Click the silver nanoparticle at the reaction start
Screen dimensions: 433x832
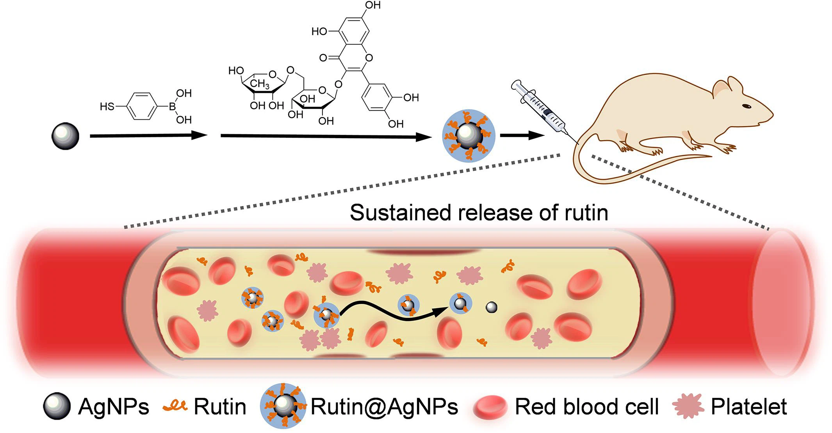click(x=65, y=136)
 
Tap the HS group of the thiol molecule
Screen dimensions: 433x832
click(x=107, y=106)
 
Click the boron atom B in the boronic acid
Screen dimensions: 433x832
click(x=172, y=106)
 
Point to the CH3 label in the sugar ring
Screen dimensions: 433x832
click(x=260, y=83)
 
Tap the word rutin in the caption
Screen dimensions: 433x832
click(x=586, y=213)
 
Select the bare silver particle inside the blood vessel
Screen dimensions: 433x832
click(x=491, y=308)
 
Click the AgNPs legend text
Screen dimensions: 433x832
click(x=114, y=407)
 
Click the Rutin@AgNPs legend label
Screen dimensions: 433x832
click(x=384, y=407)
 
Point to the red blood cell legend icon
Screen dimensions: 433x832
click(x=490, y=407)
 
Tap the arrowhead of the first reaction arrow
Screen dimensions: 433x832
click(x=199, y=136)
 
